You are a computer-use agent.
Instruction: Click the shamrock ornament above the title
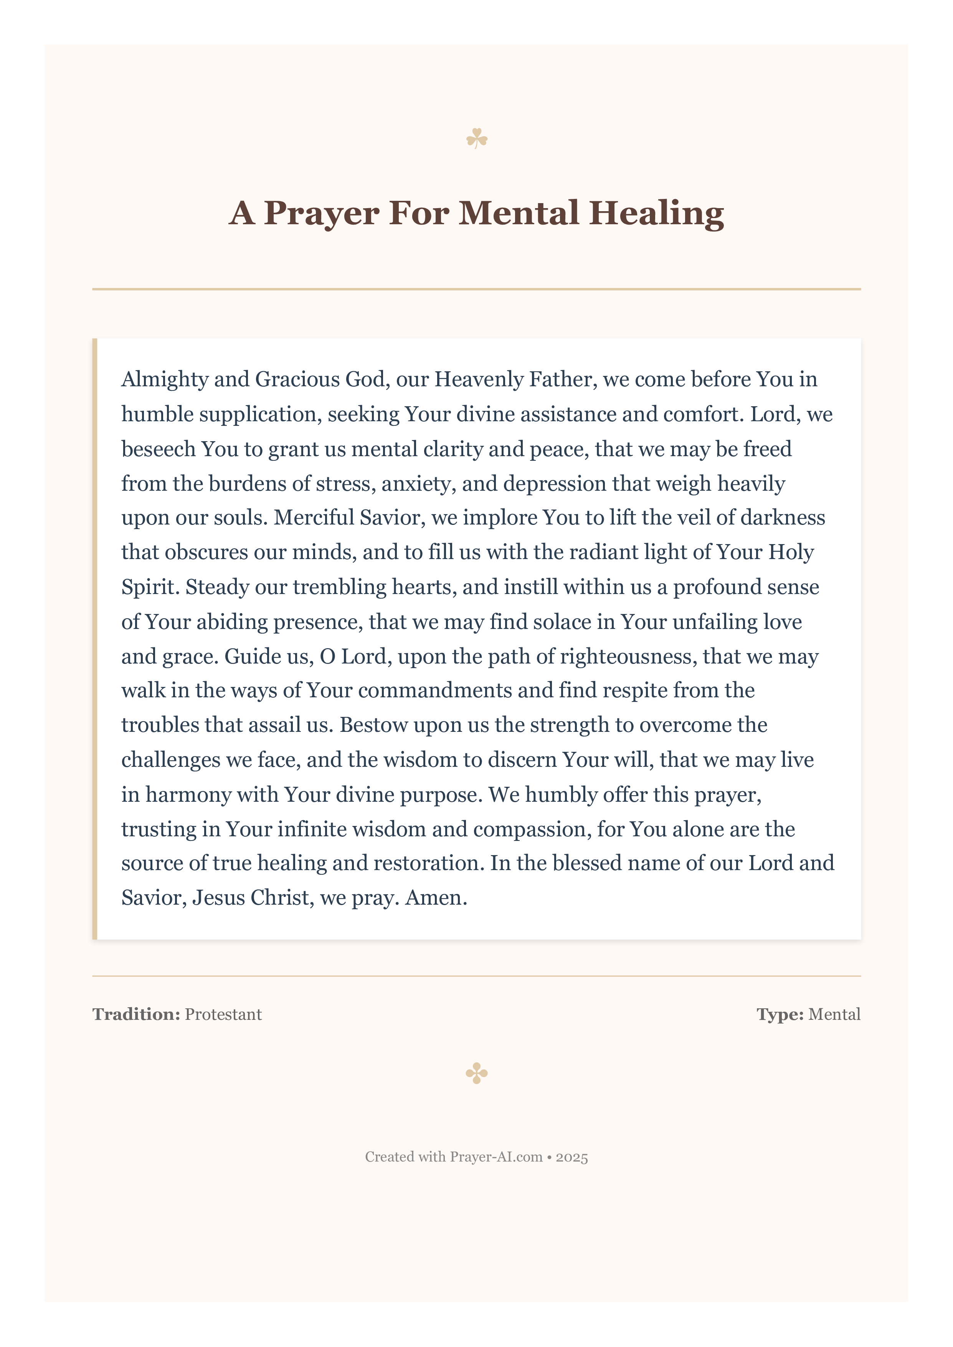[x=477, y=139]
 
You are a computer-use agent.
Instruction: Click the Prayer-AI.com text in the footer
[x=496, y=1157]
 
